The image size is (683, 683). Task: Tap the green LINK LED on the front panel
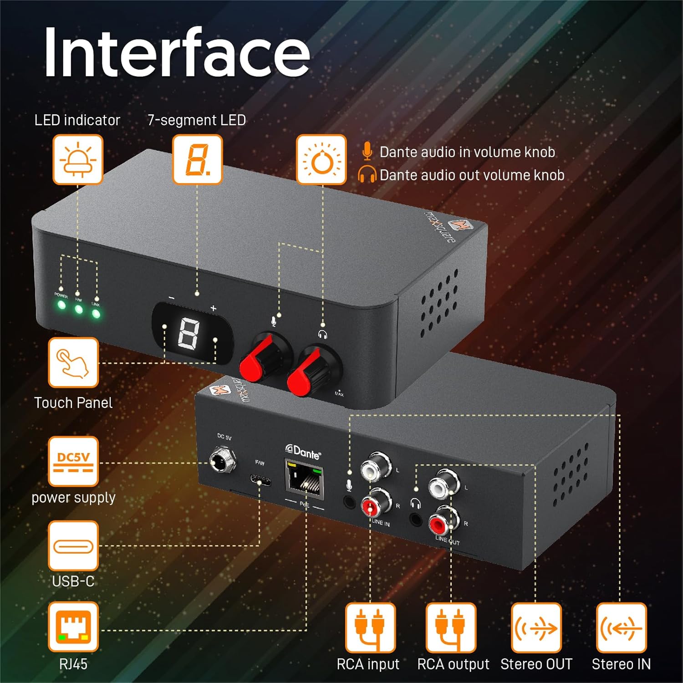96,314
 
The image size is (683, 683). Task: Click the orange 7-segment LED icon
197,159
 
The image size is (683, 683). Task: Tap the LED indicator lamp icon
78,159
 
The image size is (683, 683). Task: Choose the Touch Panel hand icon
73,362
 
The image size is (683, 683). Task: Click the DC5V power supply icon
73,461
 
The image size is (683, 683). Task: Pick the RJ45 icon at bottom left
73,627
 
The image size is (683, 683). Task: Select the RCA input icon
369,628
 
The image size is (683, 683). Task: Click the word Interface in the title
177,52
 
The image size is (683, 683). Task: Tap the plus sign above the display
213,308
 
